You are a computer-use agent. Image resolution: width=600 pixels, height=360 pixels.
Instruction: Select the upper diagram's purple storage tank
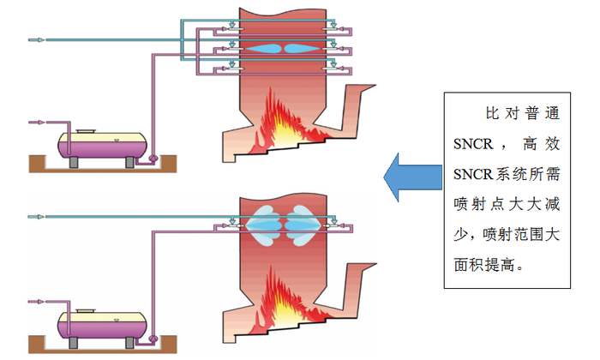(x=100, y=146)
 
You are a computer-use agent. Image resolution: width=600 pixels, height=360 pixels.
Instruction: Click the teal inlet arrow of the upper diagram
(x=35, y=39)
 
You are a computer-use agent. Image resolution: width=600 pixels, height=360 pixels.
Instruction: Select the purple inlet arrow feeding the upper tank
(x=35, y=123)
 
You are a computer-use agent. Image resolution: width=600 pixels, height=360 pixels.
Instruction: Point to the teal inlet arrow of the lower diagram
(x=35, y=214)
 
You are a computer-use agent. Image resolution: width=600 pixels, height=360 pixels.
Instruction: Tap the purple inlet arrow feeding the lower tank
(x=35, y=301)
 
